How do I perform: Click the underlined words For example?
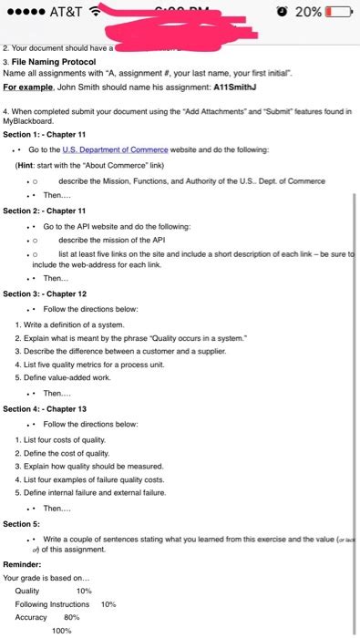[x=29, y=88]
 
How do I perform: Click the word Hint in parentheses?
[x=28, y=164]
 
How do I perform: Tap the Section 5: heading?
[x=22, y=524]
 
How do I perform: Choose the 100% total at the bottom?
[x=62, y=630]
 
